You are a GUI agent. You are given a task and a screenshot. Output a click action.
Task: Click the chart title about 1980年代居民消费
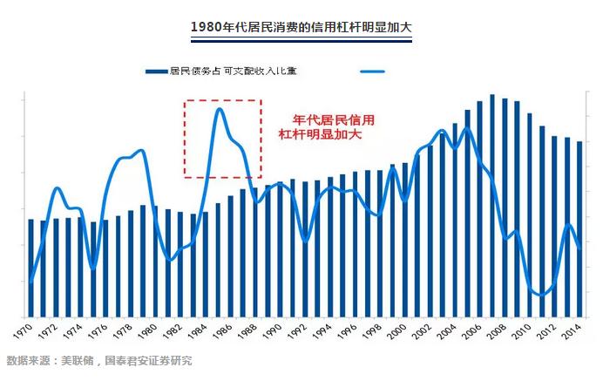click(301, 26)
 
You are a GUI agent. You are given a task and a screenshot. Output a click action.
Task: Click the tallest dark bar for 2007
click(491, 206)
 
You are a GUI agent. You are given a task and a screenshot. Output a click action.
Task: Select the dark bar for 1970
click(31, 269)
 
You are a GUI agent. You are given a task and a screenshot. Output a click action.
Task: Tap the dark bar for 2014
click(579, 229)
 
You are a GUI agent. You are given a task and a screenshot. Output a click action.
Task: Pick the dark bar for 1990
click(280, 249)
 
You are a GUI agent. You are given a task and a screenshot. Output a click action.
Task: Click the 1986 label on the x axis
click(222, 331)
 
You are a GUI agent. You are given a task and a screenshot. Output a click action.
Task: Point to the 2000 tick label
click(396, 331)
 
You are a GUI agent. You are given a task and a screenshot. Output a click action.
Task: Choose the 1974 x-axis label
click(72, 331)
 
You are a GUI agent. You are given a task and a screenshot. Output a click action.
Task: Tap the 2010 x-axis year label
click(521, 331)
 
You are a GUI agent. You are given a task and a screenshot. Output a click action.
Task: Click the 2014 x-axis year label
click(571, 331)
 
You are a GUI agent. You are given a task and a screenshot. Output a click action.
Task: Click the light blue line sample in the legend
click(372, 71)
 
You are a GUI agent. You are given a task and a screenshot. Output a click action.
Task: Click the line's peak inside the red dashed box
click(220, 109)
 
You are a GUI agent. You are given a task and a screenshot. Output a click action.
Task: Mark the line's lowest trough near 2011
click(541, 296)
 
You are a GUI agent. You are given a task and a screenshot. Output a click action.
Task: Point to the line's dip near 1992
click(305, 242)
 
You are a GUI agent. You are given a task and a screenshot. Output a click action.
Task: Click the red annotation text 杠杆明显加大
click(320, 134)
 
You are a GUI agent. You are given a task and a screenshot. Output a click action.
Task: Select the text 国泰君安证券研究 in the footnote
click(148, 361)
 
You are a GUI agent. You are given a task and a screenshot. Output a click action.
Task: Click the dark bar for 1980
click(155, 262)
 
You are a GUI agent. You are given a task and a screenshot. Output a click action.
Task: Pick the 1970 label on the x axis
click(23, 331)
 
